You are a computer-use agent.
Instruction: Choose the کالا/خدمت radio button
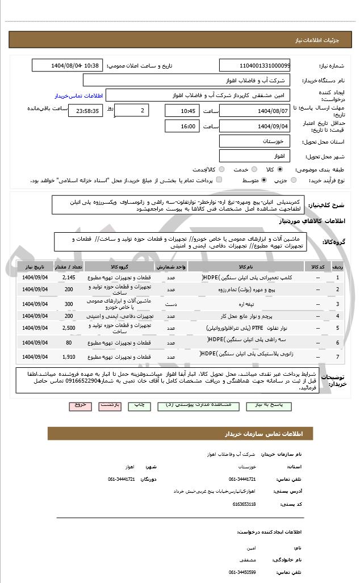pyautogui.click(x=222, y=169)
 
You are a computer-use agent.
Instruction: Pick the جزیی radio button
pyautogui.click(x=294, y=180)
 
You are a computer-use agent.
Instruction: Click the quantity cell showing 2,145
pyautogui.click(x=68, y=277)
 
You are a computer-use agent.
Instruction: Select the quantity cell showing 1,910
pyautogui.click(x=68, y=356)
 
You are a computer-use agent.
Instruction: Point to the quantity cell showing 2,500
pyautogui.click(x=68, y=328)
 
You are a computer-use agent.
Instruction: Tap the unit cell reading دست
pyautogui.click(x=171, y=304)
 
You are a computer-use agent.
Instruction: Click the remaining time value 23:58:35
pyautogui.click(x=86, y=111)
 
